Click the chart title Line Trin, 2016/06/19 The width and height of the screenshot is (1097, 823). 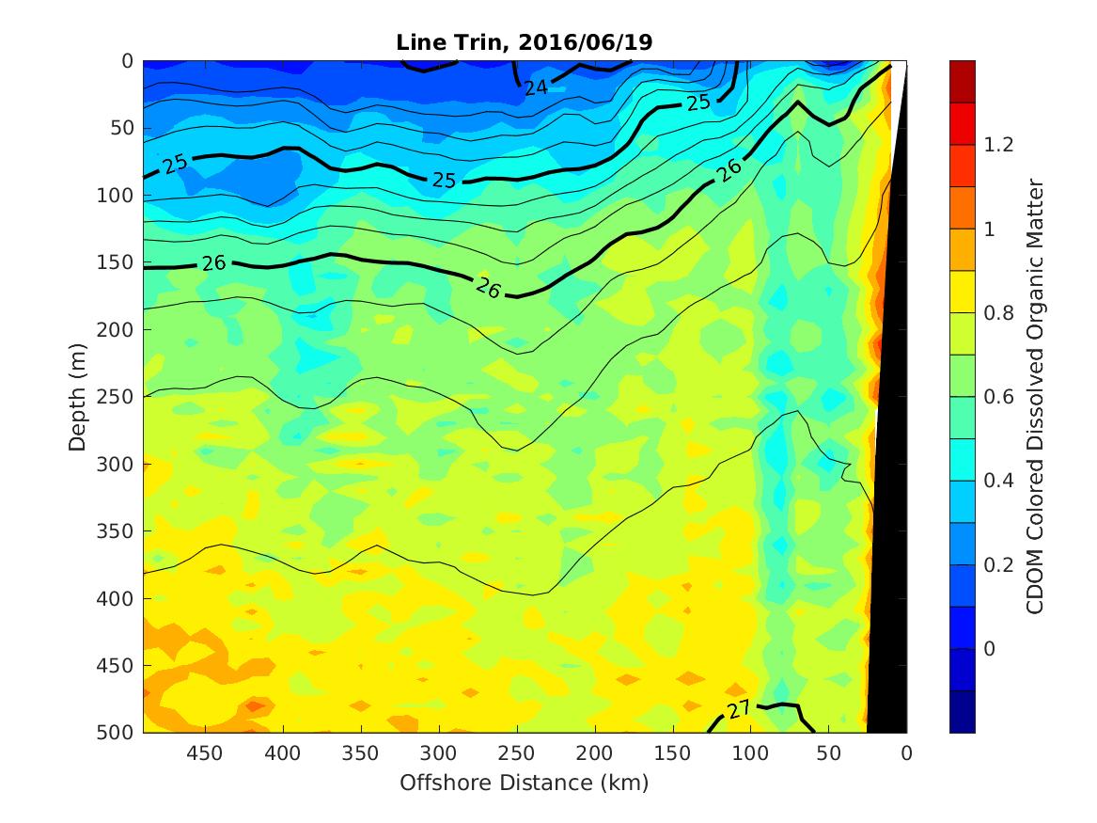click(x=525, y=42)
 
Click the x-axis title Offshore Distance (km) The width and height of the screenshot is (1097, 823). click(x=525, y=783)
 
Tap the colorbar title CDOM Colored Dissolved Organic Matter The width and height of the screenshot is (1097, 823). click(x=1035, y=396)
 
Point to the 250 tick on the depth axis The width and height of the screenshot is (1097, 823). click(x=119, y=397)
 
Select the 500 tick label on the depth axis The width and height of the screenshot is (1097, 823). click(x=119, y=733)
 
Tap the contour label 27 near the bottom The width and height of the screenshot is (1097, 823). click(x=739, y=708)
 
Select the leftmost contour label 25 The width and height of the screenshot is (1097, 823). click(x=175, y=164)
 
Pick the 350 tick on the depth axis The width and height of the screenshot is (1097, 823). click(x=119, y=531)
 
